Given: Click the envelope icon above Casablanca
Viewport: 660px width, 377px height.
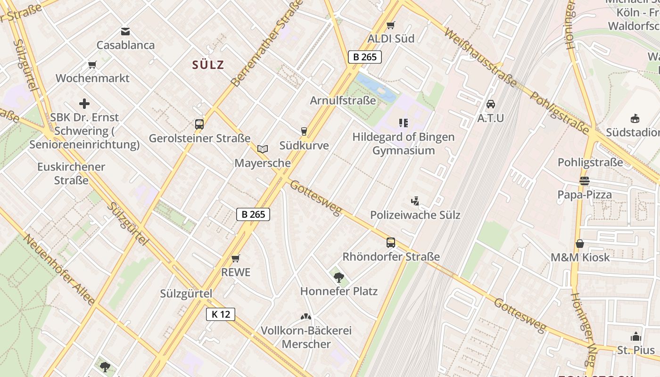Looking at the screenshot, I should coord(125,32).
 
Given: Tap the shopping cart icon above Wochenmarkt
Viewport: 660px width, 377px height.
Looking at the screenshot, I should coord(92,65).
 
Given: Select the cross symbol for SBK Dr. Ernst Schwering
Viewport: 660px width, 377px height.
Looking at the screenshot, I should coord(84,104).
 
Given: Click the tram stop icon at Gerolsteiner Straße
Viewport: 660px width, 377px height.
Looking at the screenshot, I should coord(199,124).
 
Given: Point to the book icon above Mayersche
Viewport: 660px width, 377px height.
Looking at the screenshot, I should coord(263,149).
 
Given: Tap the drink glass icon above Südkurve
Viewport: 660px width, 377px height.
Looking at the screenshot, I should coord(304,131).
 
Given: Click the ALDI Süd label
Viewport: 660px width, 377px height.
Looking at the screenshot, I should coord(391,39).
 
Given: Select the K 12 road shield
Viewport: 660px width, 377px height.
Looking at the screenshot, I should coord(220,314).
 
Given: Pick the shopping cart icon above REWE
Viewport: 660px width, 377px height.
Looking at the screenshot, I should coord(236,258).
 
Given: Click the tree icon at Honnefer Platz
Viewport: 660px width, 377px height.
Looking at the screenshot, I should coord(338,277).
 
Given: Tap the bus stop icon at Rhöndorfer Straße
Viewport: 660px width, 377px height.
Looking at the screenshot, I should coord(391,243).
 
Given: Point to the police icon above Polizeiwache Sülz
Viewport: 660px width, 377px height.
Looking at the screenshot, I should coord(415,201).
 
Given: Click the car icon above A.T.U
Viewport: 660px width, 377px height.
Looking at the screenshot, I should coord(491,104).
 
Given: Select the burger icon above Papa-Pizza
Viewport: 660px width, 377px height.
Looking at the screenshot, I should coord(585,181).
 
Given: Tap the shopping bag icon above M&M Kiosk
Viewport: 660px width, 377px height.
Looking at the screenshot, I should coord(580,244).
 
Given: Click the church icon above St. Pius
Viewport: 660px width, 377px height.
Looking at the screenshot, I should coord(636,336).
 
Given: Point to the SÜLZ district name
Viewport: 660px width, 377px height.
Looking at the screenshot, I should coord(208,65).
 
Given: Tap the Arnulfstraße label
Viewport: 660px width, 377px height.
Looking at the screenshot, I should coord(343,100).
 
